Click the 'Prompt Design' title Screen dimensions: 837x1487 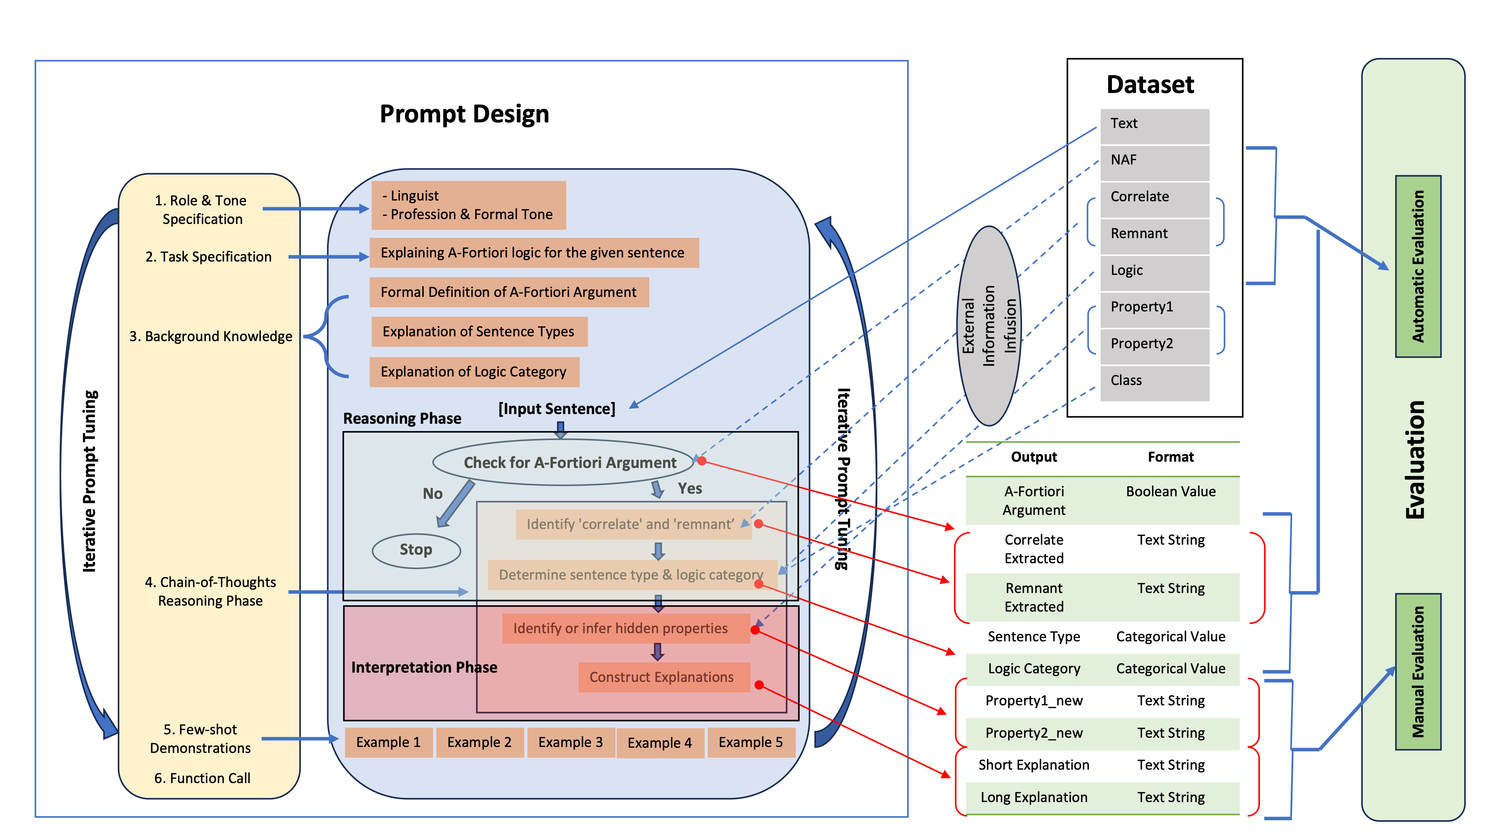(464, 114)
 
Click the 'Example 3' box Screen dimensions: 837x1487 (570, 742)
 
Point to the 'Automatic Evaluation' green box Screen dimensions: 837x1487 (1418, 266)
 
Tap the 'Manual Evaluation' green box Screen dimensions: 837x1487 (1418, 672)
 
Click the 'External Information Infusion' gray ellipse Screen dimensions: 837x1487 (989, 326)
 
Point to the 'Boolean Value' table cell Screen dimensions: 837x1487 (1170, 491)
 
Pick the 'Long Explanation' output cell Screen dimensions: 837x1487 (1033, 797)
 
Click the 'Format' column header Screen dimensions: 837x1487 (1170, 457)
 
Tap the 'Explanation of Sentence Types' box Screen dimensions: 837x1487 (478, 331)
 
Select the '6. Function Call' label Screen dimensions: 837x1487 (202, 778)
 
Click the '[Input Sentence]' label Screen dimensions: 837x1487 (557, 409)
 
